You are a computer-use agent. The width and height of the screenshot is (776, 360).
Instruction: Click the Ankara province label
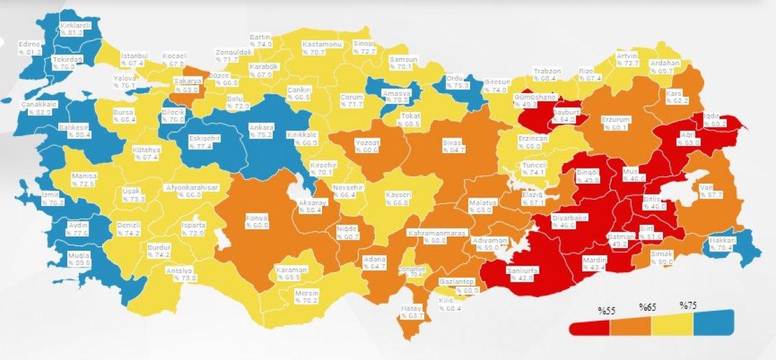pos(261,132)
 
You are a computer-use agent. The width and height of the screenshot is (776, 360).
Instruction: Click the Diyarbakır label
pos(569,222)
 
